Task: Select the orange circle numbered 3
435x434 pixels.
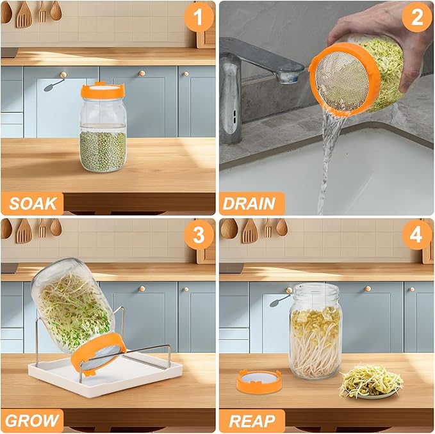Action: tap(199, 235)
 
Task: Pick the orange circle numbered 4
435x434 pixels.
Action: tap(417, 235)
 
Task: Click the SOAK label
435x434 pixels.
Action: tap(33, 204)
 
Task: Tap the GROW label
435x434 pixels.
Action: tap(33, 421)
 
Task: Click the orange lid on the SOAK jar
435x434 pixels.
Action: tap(103, 91)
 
